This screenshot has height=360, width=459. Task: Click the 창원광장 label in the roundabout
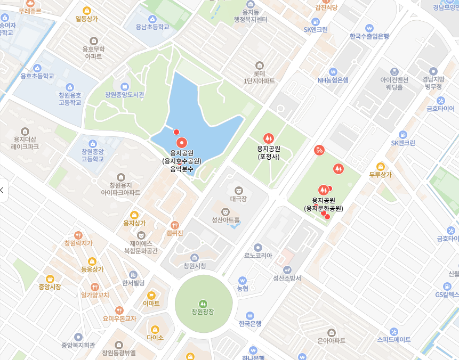pos(203,312)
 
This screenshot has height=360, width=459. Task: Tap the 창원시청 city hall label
pos(195,266)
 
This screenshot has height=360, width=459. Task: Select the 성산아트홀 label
pos(226,220)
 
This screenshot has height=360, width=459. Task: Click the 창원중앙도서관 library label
pos(125,95)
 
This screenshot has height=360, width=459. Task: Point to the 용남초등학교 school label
pos(152,27)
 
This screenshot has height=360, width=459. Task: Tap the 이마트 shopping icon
pos(151,295)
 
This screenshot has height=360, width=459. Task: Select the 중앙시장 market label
pos(50,287)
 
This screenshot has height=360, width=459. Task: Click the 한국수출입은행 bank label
pos(369,36)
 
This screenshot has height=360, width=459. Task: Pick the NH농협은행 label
pos(333,80)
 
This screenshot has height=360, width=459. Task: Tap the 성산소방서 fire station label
pos(287,278)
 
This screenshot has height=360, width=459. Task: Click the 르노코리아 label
pos(258,255)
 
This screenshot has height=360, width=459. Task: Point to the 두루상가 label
pos(380,174)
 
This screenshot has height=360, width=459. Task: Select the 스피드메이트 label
pos(394,339)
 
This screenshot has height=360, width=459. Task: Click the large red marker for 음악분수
pos(182,142)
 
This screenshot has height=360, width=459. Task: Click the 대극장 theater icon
pos(239,190)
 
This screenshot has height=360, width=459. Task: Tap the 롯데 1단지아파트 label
pos(260,77)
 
